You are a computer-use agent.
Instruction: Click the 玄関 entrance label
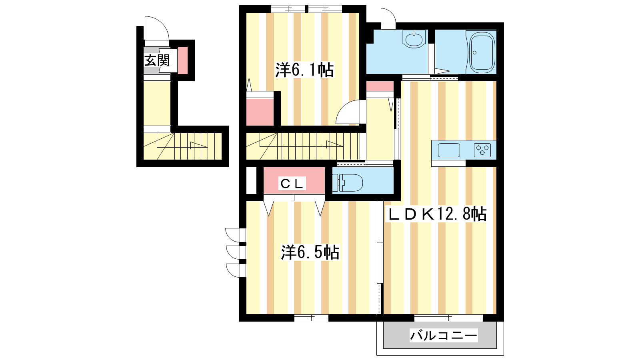coord(157,60)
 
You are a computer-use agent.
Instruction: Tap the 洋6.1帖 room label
coord(304,70)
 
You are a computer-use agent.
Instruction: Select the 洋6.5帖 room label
coord(310,252)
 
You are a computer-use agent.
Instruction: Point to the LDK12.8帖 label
coord(436,214)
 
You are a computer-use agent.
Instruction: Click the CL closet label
coord(292,184)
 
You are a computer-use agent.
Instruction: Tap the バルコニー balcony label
coord(444,335)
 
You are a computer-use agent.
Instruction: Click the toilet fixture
coord(348,182)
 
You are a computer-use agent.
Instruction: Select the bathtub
coord(482,52)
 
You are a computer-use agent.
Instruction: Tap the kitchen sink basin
coord(449,150)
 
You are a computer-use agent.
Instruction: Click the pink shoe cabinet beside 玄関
coord(183,60)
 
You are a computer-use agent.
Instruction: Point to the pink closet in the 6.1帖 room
coord(260,112)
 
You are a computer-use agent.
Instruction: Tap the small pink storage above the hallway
coord(380,86)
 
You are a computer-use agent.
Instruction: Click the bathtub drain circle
coord(474,52)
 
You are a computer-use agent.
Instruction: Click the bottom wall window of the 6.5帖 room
coord(311,318)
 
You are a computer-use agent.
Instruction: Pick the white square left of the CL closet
coord(252,180)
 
